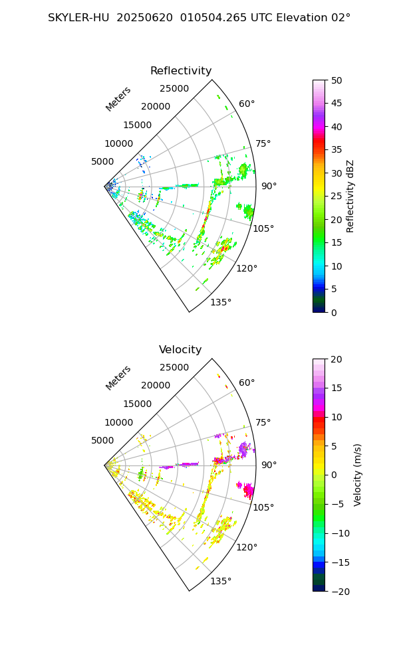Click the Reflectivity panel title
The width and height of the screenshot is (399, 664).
point(181,71)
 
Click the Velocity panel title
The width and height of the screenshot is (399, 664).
point(180,350)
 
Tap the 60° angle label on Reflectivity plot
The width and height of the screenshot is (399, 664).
point(247,104)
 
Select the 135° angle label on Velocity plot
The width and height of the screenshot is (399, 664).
point(221,582)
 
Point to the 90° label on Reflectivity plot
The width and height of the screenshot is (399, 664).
point(269,186)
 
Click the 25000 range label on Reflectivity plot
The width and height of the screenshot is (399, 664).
point(174,88)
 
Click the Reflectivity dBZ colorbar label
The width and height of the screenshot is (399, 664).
point(350,196)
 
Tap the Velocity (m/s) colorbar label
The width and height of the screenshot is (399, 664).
point(357,475)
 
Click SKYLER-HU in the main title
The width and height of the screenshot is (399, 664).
point(78,18)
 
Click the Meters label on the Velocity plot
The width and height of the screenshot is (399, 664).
point(118,378)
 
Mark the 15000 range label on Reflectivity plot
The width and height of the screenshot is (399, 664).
point(137,125)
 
